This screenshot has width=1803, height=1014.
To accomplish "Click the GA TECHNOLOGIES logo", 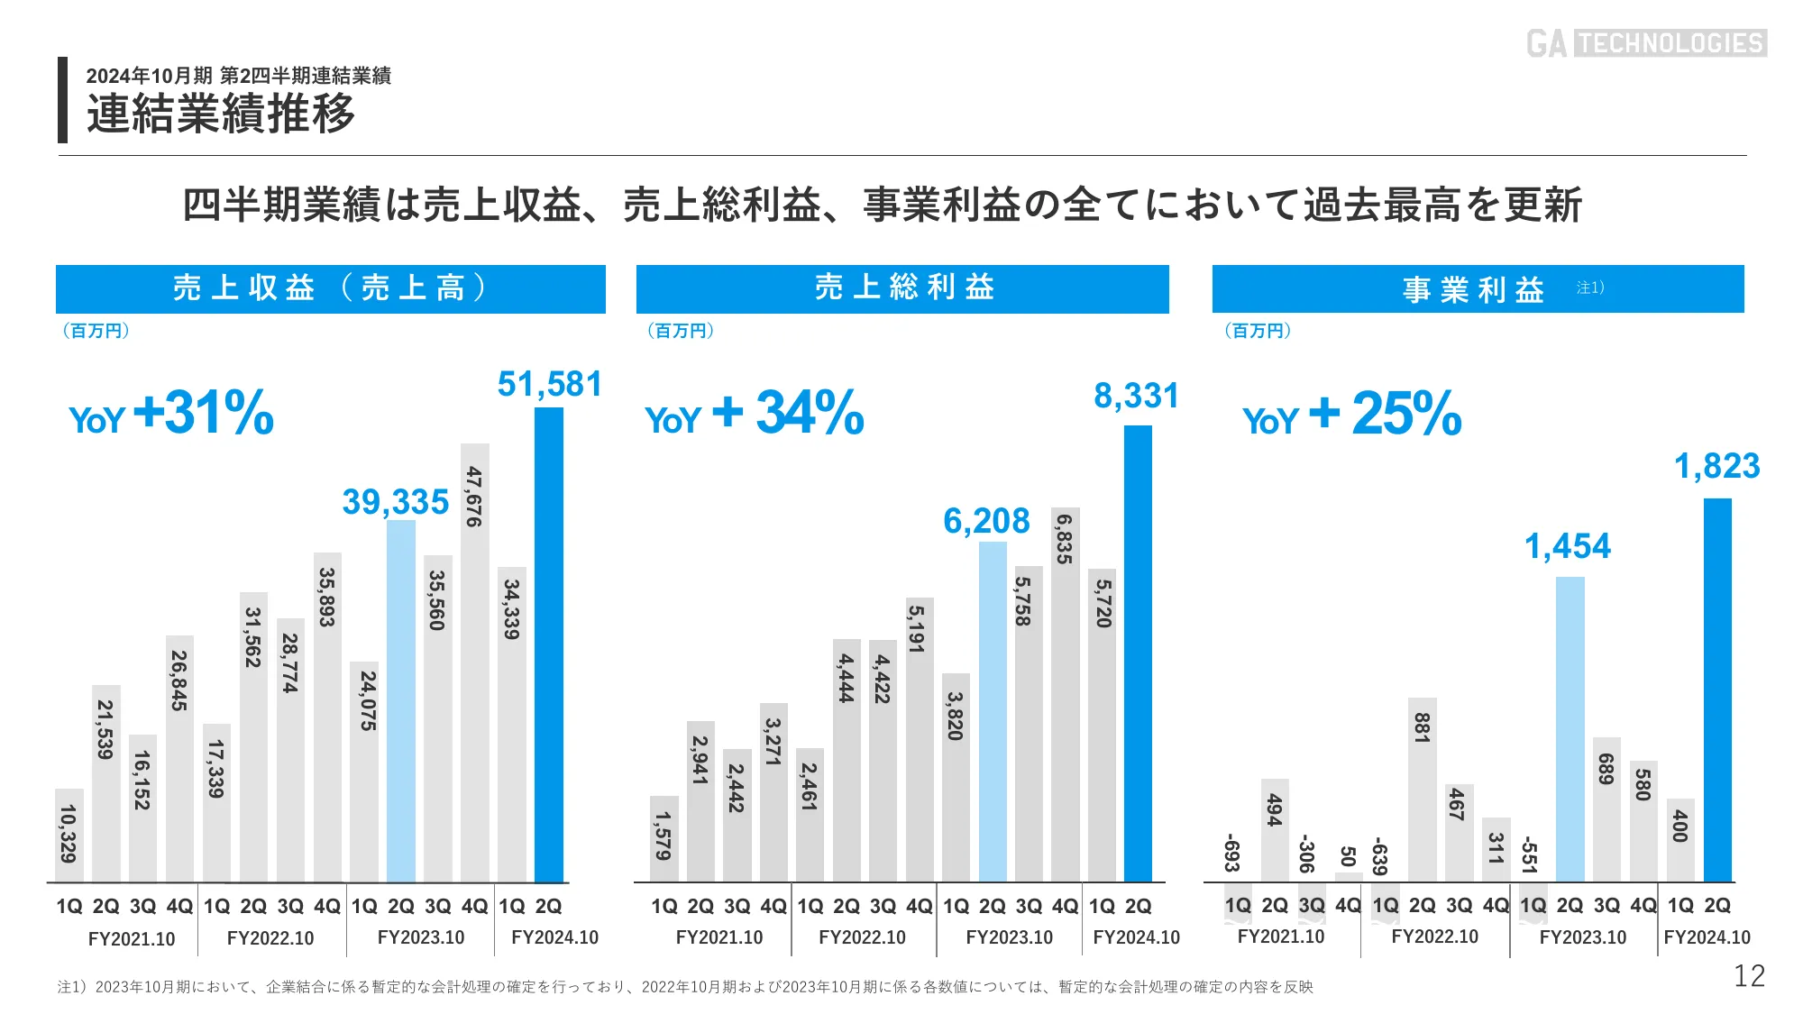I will point(1646,42).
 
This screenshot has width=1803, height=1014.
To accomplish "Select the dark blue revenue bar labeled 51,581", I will point(548,644).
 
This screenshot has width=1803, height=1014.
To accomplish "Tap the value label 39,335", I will point(396,502).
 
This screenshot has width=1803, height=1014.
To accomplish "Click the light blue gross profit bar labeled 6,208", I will point(993,712).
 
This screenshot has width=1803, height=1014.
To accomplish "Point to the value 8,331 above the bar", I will point(1136,396).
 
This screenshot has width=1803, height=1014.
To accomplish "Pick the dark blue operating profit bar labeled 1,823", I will point(1717,690).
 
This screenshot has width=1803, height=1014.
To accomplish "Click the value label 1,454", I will point(1567,546).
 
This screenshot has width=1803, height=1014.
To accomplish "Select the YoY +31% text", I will point(171,414).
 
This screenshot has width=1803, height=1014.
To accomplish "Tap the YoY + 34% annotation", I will point(755,414).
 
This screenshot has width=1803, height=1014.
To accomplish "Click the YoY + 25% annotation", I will point(1351,414).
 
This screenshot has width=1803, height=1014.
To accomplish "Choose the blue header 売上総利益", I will point(902,288).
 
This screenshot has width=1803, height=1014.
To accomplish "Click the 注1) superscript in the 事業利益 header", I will point(1589,288).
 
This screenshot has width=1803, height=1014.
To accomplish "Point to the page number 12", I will point(1749,976).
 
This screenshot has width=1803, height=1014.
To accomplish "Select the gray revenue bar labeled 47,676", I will point(474,662).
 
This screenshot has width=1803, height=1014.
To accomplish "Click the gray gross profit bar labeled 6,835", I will point(1065,694).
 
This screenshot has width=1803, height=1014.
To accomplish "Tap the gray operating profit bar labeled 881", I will point(1422,790).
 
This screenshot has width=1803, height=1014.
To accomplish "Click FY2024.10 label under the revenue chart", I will point(554,937).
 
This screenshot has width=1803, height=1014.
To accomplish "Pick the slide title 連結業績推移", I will point(221,114).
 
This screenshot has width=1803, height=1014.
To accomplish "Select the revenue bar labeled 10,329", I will point(69,835).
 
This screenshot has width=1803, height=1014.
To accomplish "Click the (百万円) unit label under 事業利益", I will point(1258,331).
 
